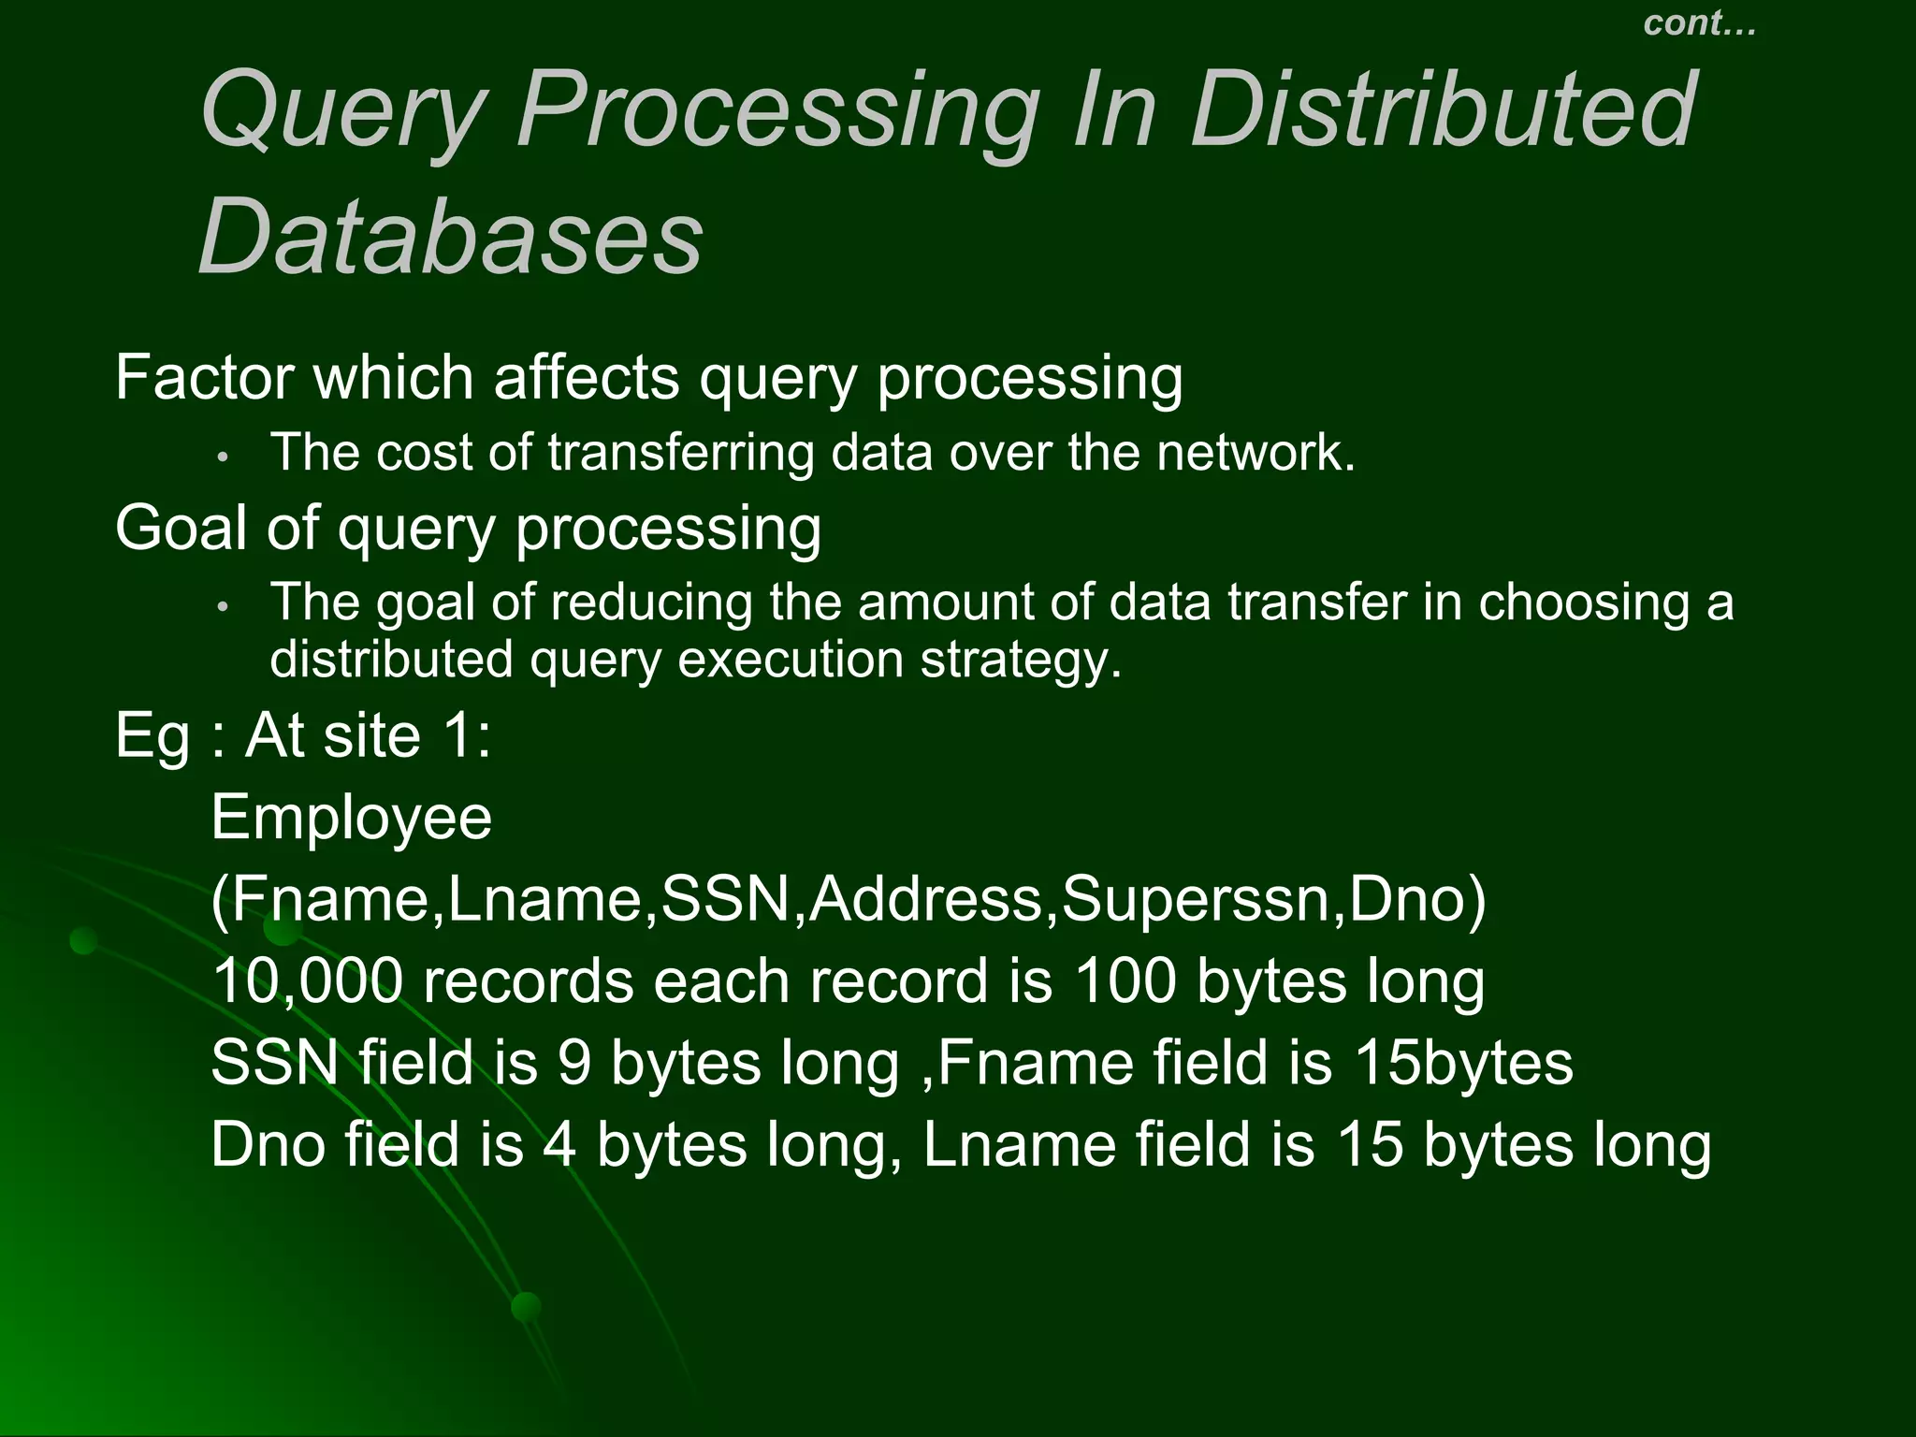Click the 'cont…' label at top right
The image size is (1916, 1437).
pos(1699,22)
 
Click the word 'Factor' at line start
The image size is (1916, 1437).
pos(201,377)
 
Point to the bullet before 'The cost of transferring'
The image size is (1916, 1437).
pos(223,457)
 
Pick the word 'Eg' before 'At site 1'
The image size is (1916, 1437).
pos(152,737)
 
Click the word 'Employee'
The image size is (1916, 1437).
pos(351,818)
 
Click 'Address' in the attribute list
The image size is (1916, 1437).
pos(926,899)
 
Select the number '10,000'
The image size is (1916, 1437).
pos(307,981)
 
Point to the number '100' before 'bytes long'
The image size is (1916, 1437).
pos(1124,981)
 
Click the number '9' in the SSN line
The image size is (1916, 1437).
pos(574,1064)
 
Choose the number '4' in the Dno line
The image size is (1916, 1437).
pos(559,1145)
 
